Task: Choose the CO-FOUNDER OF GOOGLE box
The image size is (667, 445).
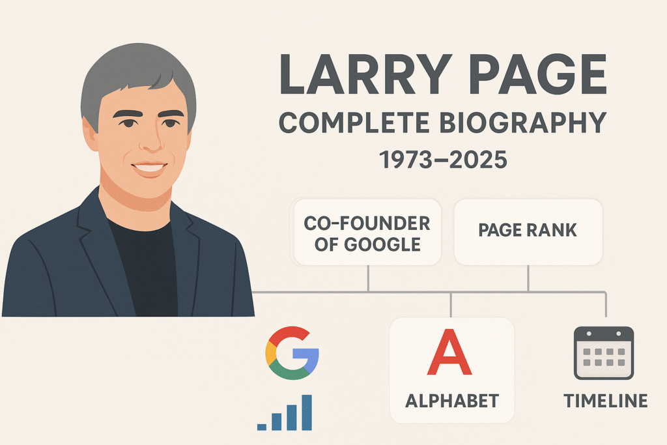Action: (367, 233)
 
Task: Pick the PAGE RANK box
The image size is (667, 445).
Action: (528, 231)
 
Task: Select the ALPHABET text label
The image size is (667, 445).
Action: (451, 400)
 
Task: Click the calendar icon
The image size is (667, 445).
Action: (603, 352)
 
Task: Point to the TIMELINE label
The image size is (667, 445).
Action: (606, 400)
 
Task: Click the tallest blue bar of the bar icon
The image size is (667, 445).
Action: (305, 412)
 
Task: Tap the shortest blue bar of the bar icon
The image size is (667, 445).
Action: (262, 427)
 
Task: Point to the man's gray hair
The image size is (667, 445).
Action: (130, 68)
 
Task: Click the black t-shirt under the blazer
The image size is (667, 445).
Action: (145, 267)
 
